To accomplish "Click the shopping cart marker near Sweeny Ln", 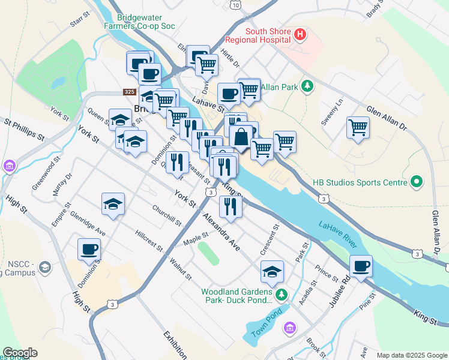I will click(358, 128).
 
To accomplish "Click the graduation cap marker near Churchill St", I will click(113, 205).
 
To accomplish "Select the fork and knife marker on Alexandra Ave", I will click(231, 207).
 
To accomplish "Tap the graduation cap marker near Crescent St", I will click(272, 272).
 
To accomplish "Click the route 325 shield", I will click(129, 92).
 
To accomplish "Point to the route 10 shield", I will click(236, 5).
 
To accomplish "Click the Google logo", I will click(20, 353).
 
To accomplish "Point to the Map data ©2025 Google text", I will click(411, 355).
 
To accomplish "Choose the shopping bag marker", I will click(241, 136).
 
